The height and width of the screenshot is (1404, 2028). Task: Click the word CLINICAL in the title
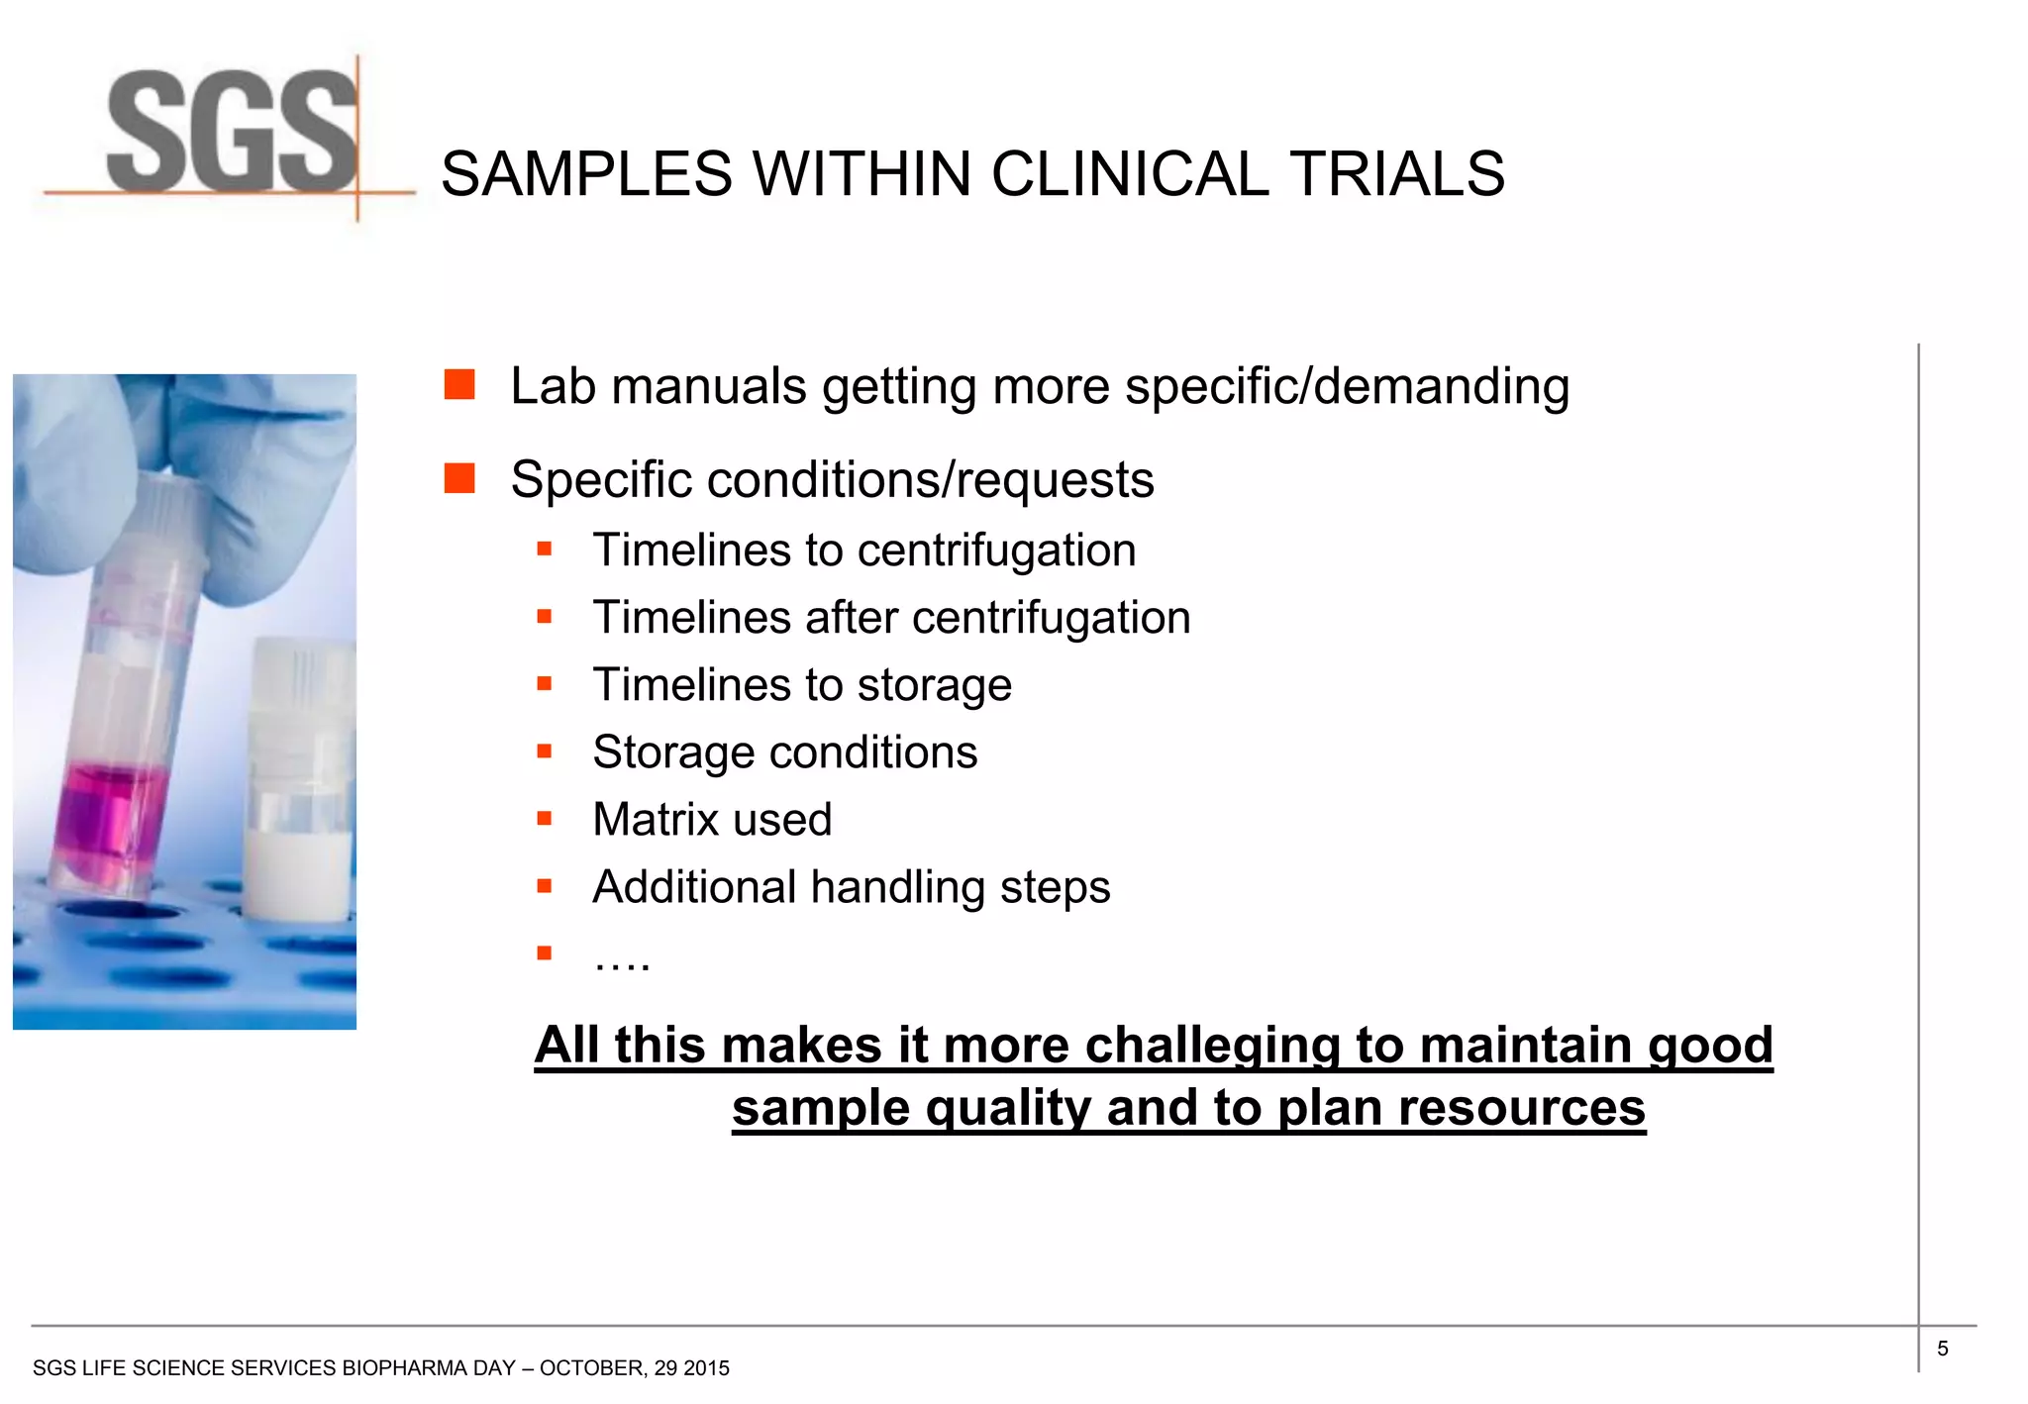pyautogui.click(x=1129, y=174)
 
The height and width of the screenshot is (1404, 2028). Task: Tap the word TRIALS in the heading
pyautogui.click(x=1396, y=174)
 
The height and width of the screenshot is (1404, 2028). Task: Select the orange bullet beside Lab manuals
pyautogui.click(x=459, y=384)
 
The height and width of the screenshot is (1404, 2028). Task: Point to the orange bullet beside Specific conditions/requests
pyautogui.click(x=459, y=478)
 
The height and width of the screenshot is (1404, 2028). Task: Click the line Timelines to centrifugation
pyautogui.click(x=863, y=551)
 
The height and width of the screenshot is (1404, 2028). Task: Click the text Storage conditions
pyautogui.click(x=784, y=752)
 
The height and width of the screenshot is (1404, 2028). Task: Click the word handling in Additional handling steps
pyautogui.click(x=897, y=887)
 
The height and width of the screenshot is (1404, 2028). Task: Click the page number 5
pyautogui.click(x=1943, y=1349)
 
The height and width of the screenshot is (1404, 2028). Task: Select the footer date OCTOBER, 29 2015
pyautogui.click(x=635, y=1368)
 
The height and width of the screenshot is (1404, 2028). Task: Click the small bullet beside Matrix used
pyautogui.click(x=544, y=819)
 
